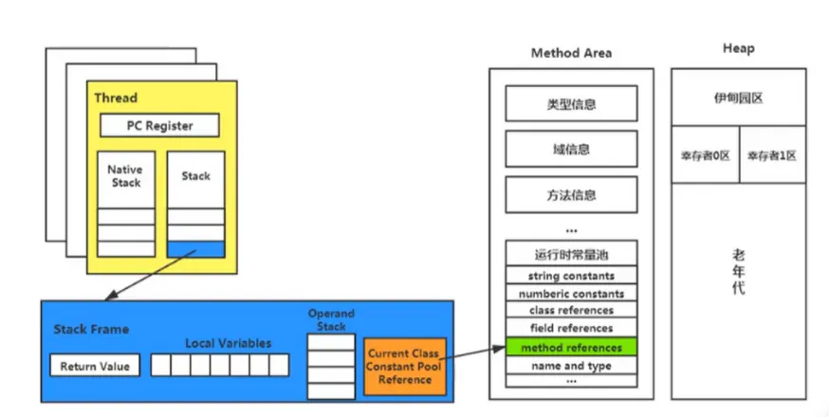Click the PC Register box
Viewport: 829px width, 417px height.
[x=159, y=125]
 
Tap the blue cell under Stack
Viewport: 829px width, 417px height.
[x=195, y=249]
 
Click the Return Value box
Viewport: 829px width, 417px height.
[x=94, y=366]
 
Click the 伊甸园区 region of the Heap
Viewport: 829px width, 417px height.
[x=738, y=98]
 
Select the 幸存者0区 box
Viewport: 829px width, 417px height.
[x=705, y=155]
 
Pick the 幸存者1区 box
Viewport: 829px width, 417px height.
[x=771, y=155]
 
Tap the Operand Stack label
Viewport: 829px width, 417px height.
[x=331, y=319]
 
